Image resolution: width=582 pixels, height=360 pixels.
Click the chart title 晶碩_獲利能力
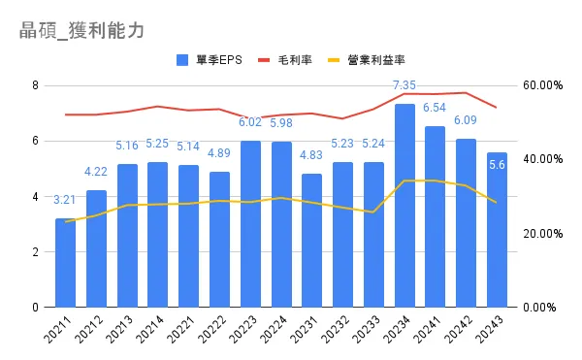(81, 30)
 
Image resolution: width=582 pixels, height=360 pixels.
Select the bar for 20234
(404, 206)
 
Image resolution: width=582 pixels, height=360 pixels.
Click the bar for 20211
(65, 263)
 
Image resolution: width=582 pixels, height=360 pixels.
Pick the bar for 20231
(312, 241)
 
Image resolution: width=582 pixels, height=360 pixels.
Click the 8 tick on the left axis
(35, 85)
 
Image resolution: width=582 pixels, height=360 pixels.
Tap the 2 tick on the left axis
(35, 252)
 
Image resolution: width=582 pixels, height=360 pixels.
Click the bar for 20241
(436, 217)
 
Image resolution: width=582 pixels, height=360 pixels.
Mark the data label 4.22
(96, 173)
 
